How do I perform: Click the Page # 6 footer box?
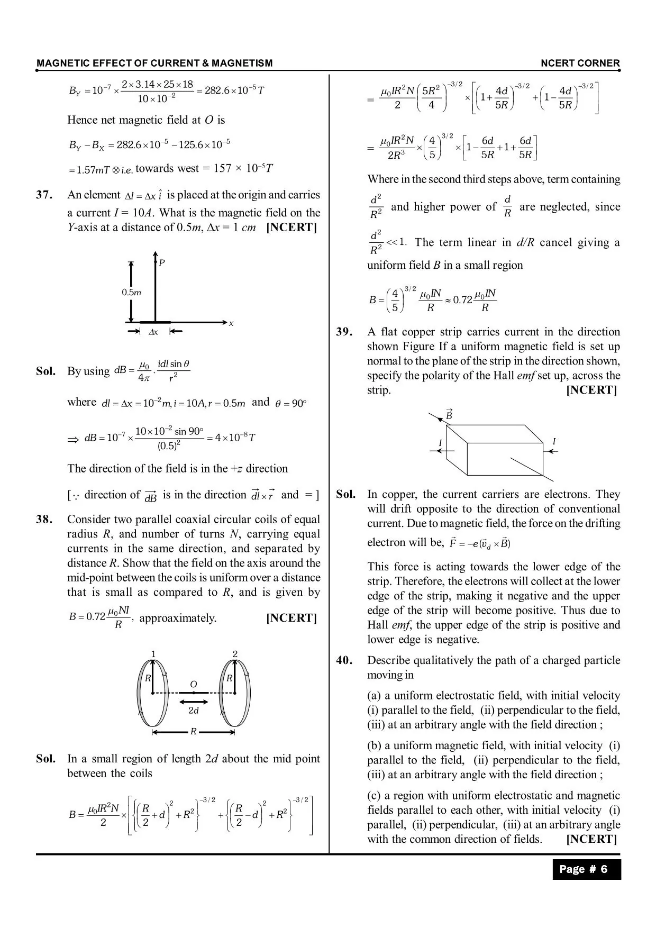(x=586, y=869)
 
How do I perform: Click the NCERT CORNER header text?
(x=580, y=63)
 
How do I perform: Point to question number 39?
(x=344, y=332)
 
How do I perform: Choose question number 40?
(x=344, y=660)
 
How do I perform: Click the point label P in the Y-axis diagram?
(x=162, y=263)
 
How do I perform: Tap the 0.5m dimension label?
(x=131, y=293)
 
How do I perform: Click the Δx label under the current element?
(x=153, y=332)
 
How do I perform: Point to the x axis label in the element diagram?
(x=231, y=323)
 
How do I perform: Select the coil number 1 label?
(x=153, y=654)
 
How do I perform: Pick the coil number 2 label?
(x=235, y=654)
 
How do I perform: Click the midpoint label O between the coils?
(x=194, y=685)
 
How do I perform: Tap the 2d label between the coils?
(x=194, y=711)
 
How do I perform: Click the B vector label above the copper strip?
(x=449, y=415)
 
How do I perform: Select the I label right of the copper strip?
(x=554, y=442)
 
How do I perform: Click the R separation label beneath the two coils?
(x=194, y=732)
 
